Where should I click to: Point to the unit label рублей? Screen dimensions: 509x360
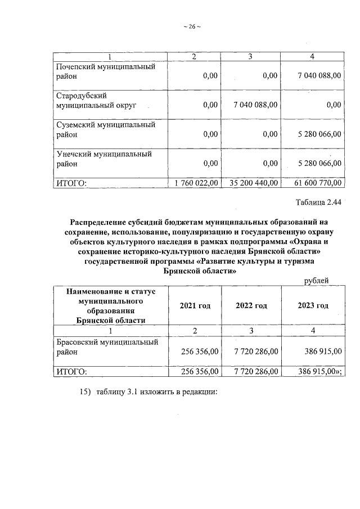coord(316,281)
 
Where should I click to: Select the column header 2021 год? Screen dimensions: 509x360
coord(195,305)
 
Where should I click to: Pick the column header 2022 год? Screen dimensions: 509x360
coord(251,305)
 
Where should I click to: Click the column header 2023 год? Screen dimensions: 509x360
coord(313,305)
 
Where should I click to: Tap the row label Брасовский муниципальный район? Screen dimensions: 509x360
coord(106,346)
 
